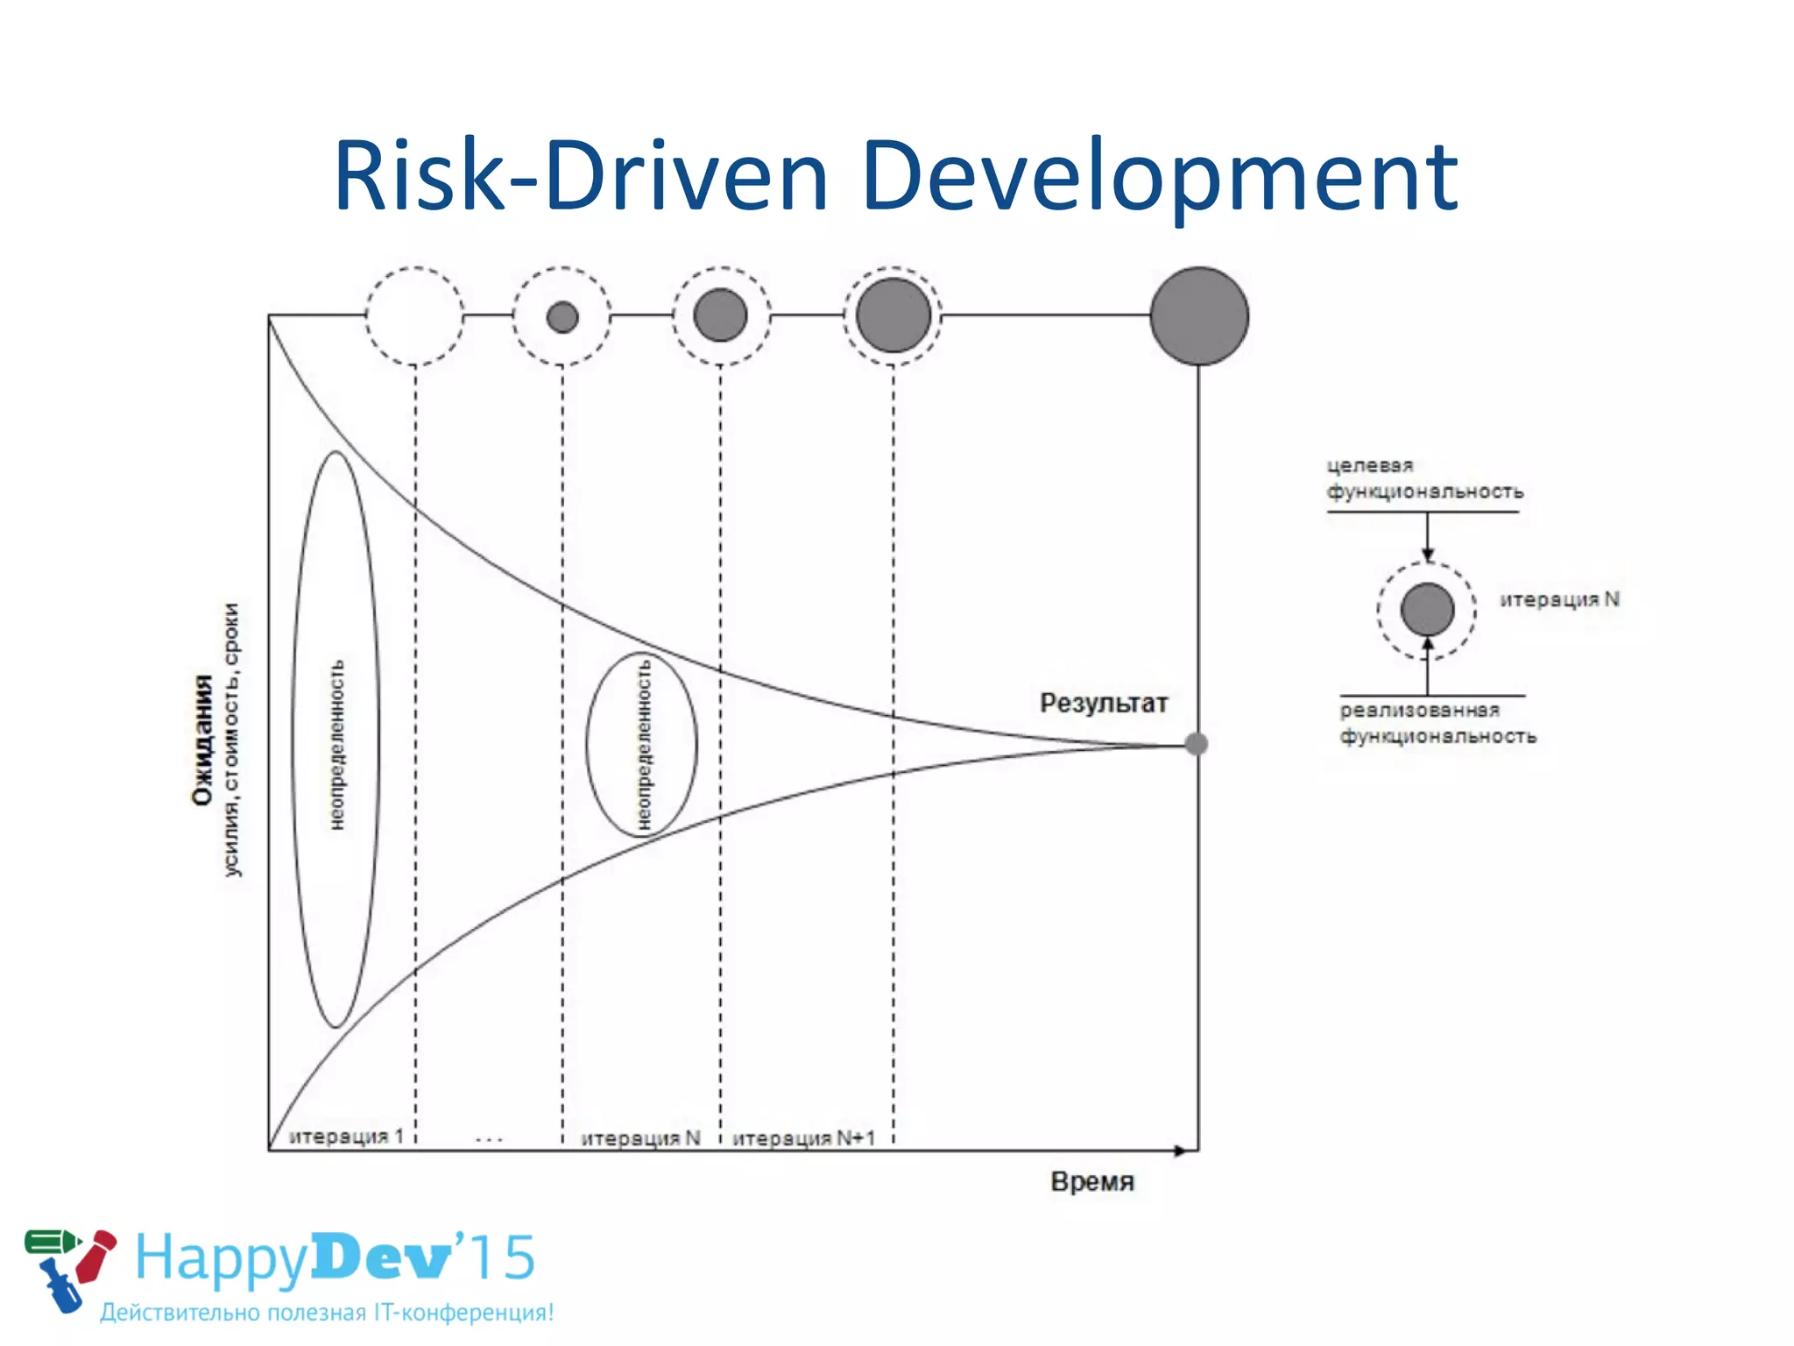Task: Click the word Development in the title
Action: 1160,179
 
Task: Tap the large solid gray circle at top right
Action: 1199,316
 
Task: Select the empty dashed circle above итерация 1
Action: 414,316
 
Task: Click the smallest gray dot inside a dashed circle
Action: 562,316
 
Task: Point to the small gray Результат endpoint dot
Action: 1197,744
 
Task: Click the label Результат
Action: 1104,703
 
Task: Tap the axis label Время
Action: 1092,1181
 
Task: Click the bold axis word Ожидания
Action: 202,740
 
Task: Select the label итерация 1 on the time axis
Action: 346,1137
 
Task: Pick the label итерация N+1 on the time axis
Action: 803,1137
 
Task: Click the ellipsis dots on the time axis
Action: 489,1140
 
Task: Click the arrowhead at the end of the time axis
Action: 1183,1151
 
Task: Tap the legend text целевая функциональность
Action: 1424,478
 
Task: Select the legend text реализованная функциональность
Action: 1437,723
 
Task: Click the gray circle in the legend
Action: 1427,609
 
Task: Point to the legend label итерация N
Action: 1559,599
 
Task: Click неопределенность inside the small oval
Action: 644,745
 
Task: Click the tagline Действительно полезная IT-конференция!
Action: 327,1312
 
